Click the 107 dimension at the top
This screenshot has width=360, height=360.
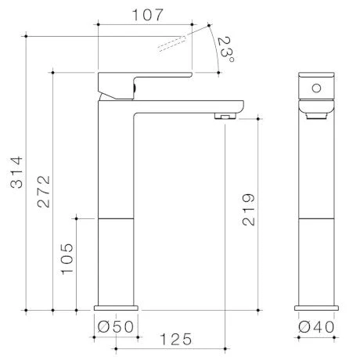click(148, 15)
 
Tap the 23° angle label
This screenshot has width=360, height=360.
click(226, 49)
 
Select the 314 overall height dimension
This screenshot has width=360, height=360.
click(16, 172)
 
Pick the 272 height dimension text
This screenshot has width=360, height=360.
click(43, 192)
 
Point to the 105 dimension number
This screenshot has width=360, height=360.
click(67, 259)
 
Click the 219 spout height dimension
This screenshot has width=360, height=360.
click(248, 210)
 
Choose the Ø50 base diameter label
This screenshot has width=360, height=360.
click(116, 326)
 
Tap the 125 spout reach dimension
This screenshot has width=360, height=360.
click(175, 339)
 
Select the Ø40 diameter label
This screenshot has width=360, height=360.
click(316, 327)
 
